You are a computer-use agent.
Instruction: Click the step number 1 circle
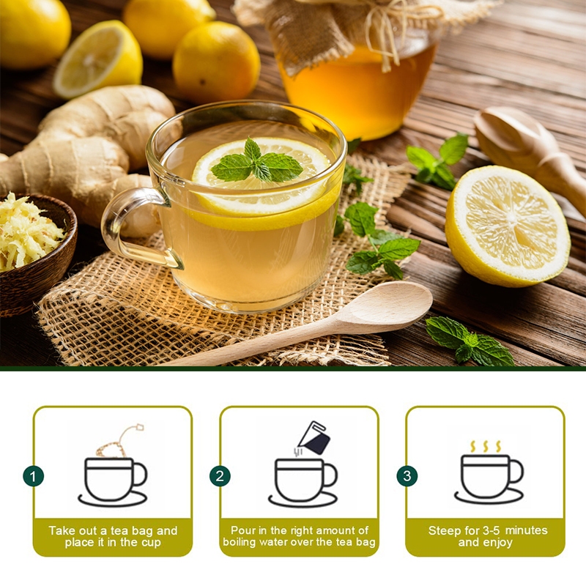coord(33,476)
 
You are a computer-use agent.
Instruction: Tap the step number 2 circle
coord(220,476)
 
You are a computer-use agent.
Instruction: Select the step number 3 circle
coord(407,476)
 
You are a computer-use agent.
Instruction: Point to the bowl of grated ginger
coord(34,254)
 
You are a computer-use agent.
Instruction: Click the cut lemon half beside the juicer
coord(508,226)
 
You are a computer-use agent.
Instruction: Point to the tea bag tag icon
coord(138,428)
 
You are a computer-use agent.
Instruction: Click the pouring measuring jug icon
coord(314,438)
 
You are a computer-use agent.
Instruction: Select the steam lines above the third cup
coord(486,446)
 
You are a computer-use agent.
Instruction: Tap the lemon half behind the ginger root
coord(98,59)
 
